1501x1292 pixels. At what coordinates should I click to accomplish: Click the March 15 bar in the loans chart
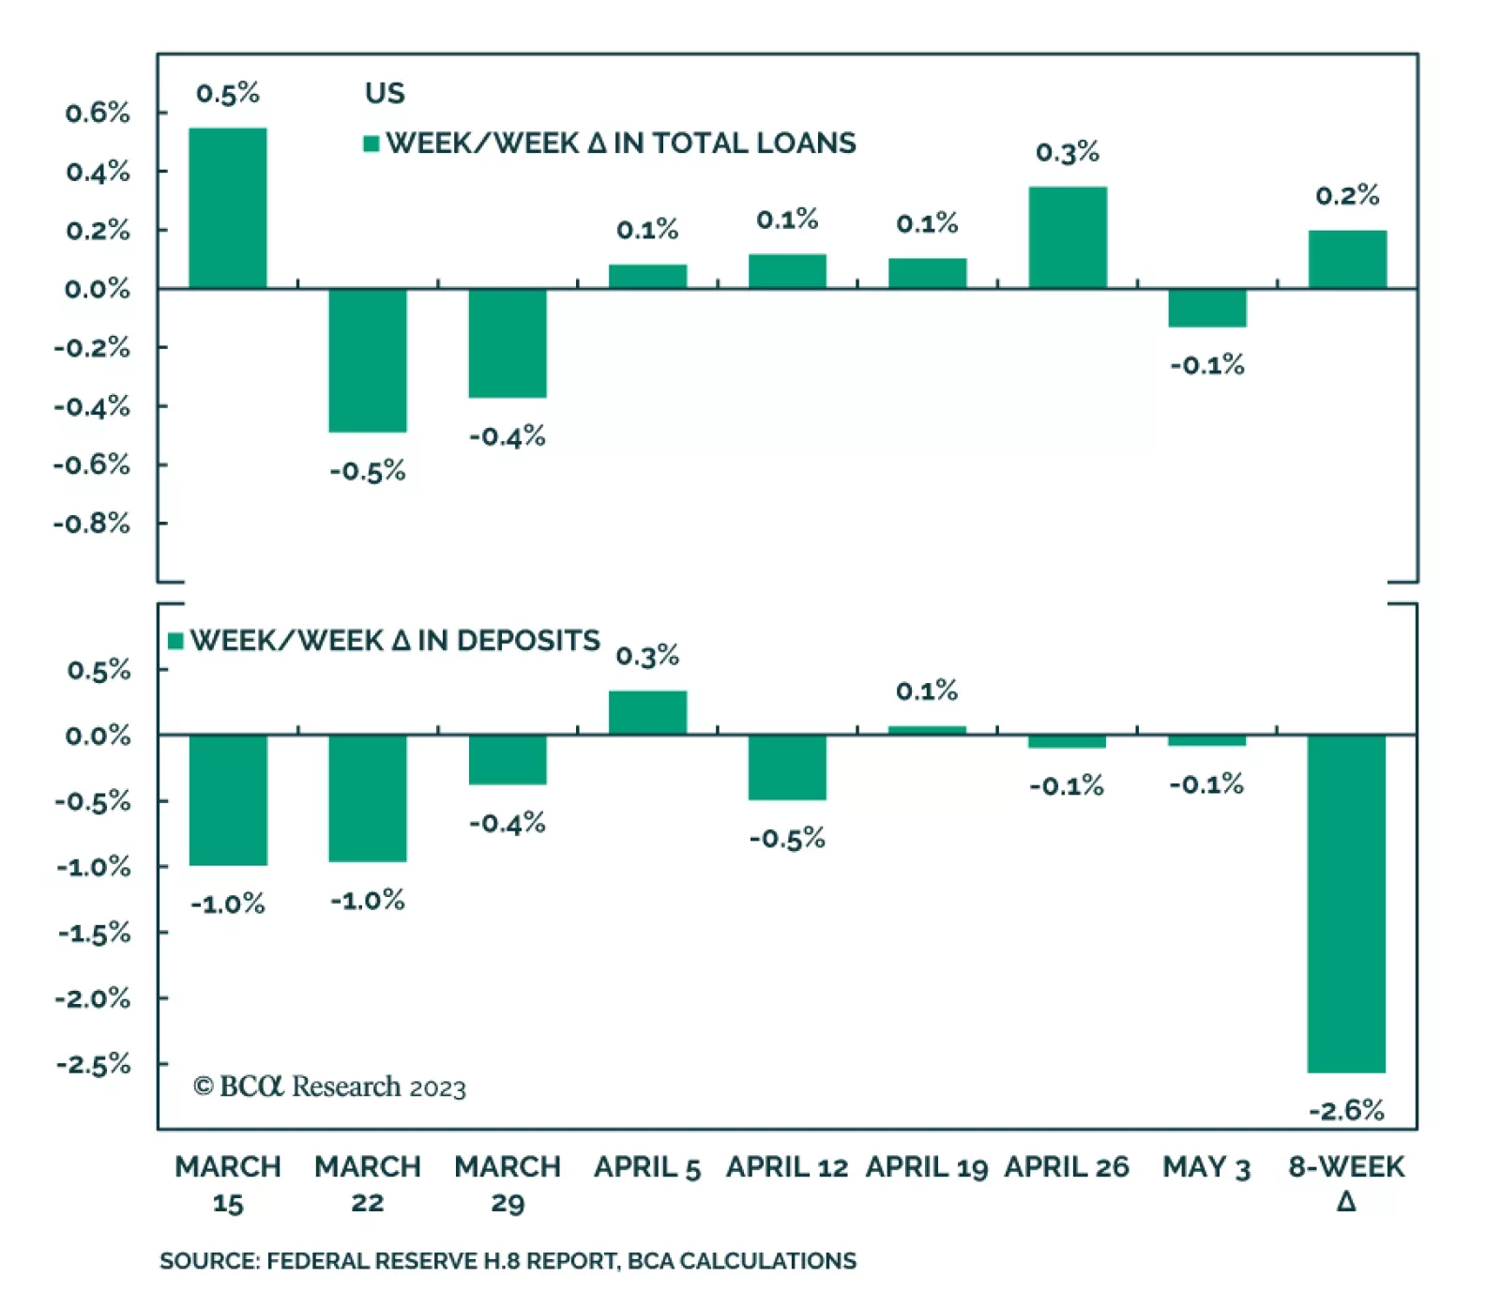pyautogui.click(x=227, y=207)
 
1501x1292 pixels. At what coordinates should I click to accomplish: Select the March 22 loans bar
pyautogui.click(x=367, y=360)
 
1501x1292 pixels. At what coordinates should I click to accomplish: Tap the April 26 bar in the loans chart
pyautogui.click(x=1067, y=237)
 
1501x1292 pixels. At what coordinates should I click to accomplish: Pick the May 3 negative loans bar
pyautogui.click(x=1206, y=308)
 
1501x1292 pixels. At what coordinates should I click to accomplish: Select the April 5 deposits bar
pyautogui.click(x=647, y=712)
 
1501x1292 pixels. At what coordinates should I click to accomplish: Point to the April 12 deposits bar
pyautogui.click(x=787, y=768)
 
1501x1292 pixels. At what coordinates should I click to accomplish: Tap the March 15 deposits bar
pyautogui.click(x=227, y=799)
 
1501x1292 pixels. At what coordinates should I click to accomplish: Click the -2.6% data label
pyautogui.click(x=1346, y=1111)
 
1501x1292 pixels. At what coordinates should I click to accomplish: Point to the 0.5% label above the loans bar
pyautogui.click(x=227, y=93)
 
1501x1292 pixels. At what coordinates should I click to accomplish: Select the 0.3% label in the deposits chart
pyautogui.click(x=647, y=655)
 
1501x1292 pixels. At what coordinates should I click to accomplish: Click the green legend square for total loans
pyautogui.click(x=371, y=144)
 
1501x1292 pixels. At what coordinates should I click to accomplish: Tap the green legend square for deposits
pyautogui.click(x=175, y=641)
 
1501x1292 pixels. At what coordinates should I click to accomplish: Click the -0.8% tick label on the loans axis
pyautogui.click(x=92, y=523)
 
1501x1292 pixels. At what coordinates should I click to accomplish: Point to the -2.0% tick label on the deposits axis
pyautogui.click(x=93, y=997)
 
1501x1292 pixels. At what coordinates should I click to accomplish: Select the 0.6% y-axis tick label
pyautogui.click(x=98, y=113)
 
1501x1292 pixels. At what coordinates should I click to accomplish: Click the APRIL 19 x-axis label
pyautogui.click(x=926, y=1167)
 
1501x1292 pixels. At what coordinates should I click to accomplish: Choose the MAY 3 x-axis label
pyautogui.click(x=1206, y=1167)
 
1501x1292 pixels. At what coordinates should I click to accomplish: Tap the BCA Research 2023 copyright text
pyautogui.click(x=329, y=1087)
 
